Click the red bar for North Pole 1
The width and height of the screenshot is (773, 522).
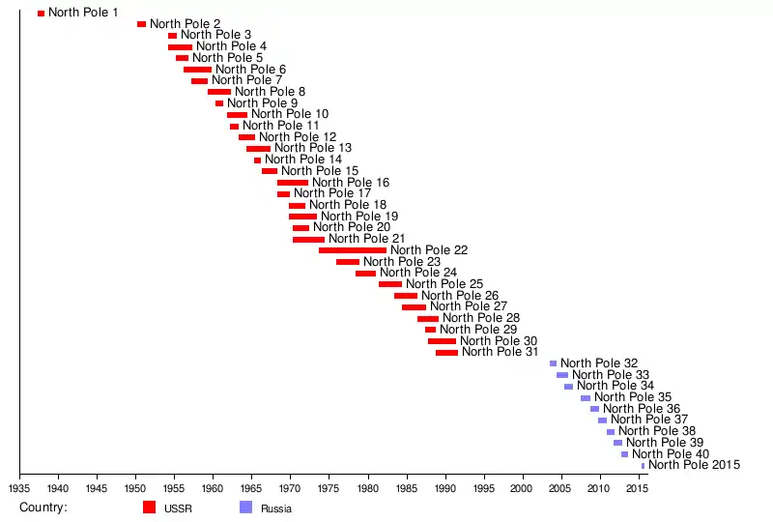[x=41, y=14]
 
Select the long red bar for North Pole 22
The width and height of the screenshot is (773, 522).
[x=353, y=250]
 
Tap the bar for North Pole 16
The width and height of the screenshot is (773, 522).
[x=293, y=183]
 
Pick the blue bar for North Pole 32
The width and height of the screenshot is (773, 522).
[x=554, y=363]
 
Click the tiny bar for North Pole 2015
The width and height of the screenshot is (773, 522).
[x=643, y=465]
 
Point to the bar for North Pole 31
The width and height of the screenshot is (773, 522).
[x=446, y=352]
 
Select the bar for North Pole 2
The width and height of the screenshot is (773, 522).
[x=141, y=24]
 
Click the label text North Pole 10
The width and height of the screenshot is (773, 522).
[x=290, y=114]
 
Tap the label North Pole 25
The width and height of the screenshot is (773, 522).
[x=444, y=284]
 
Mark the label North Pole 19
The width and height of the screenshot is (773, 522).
[x=359, y=217]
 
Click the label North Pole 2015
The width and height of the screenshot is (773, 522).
[x=694, y=465]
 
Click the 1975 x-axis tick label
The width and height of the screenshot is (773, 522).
[x=329, y=489]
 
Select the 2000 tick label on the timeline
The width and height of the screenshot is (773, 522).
[x=523, y=489]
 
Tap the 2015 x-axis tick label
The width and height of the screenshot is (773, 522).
[x=636, y=489]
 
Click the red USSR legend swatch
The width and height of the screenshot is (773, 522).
[x=149, y=507]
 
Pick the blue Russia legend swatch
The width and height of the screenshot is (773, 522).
[x=245, y=507]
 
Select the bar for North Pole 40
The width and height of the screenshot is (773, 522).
[x=624, y=454]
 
